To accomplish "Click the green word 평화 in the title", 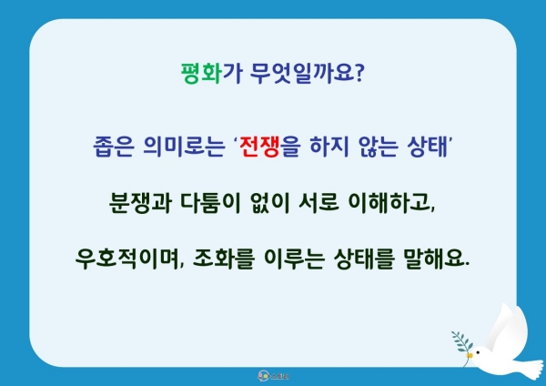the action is click(x=201, y=73).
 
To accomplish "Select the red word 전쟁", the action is click(x=259, y=147).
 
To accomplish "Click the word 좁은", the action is click(x=113, y=147).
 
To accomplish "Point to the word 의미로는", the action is click(x=184, y=147).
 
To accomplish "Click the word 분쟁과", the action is click(x=140, y=202).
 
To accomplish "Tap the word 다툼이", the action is click(x=211, y=202).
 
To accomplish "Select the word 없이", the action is click(x=270, y=202).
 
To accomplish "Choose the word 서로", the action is click(x=319, y=202).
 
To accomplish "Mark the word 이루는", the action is click(x=295, y=259).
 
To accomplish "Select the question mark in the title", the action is click(x=359, y=73).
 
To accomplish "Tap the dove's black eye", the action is click(x=478, y=353).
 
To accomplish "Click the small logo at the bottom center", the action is click(x=273, y=376).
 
